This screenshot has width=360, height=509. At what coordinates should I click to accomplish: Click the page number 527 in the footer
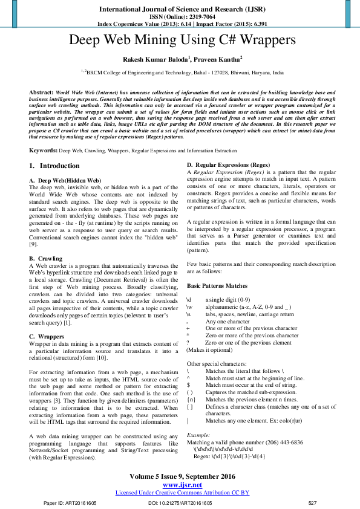tap(312, 503)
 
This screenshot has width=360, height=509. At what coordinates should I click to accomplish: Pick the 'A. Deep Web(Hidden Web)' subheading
tap(65, 181)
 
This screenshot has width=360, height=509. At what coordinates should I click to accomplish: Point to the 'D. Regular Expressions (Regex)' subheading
tap(228, 165)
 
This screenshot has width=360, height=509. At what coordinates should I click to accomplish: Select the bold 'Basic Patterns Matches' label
tap(217, 285)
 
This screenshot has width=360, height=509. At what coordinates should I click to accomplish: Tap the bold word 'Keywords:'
tap(43, 149)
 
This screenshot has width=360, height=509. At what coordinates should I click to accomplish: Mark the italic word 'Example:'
tap(198, 435)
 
